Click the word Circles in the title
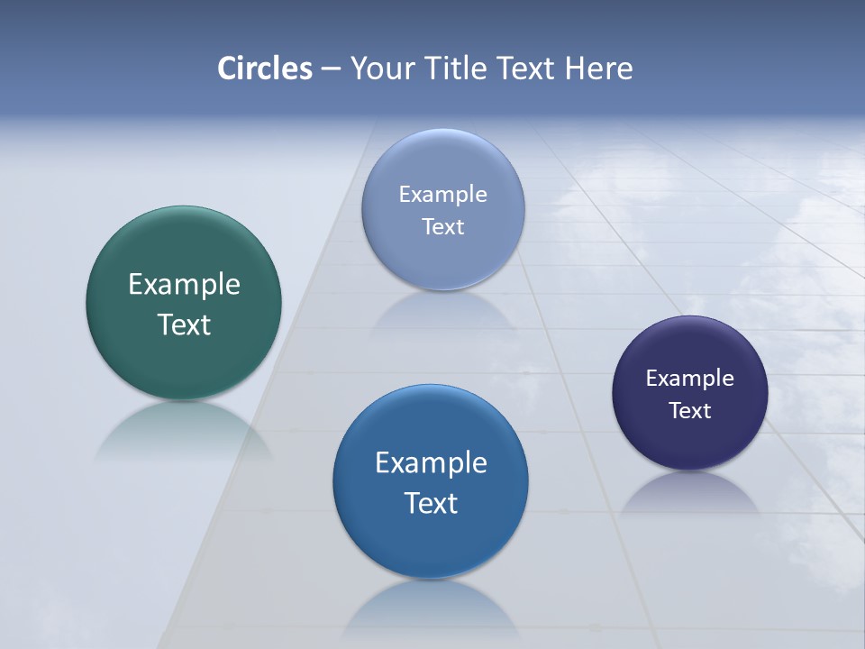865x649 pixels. (x=265, y=69)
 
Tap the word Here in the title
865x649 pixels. (x=599, y=69)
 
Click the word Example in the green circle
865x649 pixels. (x=184, y=285)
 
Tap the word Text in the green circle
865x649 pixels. (x=184, y=324)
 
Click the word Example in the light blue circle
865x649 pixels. (x=442, y=195)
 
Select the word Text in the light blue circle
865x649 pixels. (x=442, y=226)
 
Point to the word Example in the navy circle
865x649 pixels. (x=690, y=379)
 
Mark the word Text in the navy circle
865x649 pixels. (x=690, y=411)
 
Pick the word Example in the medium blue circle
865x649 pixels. (x=431, y=463)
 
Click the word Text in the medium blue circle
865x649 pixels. (x=431, y=503)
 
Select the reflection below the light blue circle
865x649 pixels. (x=442, y=311)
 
